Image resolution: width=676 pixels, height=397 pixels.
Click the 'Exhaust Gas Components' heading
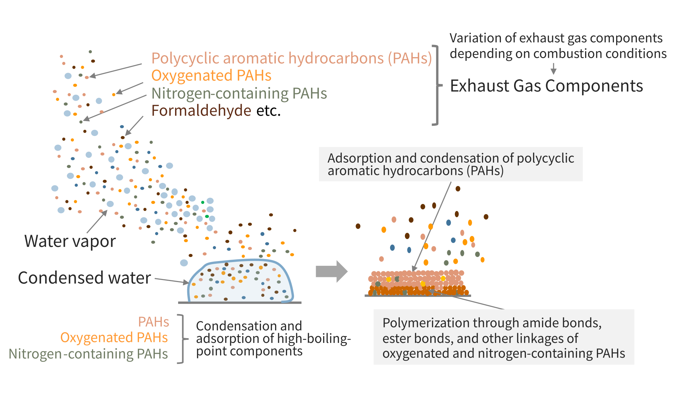[546, 86]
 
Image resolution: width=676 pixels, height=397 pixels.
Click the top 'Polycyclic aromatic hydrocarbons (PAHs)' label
[291, 59]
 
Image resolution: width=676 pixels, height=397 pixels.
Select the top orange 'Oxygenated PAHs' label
[211, 75]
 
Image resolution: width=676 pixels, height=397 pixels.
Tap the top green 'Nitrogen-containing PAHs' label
[239, 93]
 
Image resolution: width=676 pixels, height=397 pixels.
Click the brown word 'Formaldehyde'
[201, 111]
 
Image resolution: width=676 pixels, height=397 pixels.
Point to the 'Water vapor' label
[70, 241]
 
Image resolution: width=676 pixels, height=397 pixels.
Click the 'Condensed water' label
[84, 278]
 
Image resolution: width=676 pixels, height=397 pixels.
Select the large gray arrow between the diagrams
[331, 271]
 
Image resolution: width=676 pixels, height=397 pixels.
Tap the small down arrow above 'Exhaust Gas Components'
[553, 69]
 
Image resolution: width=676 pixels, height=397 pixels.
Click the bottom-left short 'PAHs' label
[153, 322]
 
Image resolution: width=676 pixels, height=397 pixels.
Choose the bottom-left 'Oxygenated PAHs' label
[114, 337]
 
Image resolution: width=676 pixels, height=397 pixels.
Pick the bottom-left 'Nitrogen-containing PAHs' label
[88, 354]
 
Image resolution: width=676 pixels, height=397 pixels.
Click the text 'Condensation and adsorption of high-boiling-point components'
[273, 338]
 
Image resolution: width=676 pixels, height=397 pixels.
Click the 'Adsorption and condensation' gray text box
[450, 164]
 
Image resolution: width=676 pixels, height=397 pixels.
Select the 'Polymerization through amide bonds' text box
[503, 337]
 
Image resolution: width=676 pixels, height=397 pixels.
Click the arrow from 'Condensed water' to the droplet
[171, 281]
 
